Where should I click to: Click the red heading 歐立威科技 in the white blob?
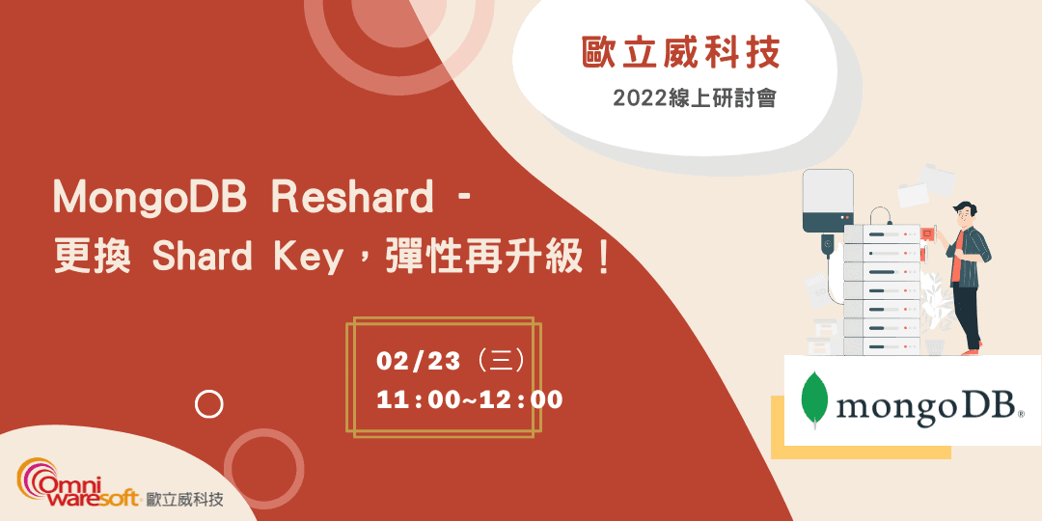tap(680, 53)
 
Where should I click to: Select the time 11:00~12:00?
tap(470, 399)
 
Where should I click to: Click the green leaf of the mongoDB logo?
tap(816, 398)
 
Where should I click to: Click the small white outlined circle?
tap(208, 404)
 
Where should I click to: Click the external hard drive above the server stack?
tap(829, 201)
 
